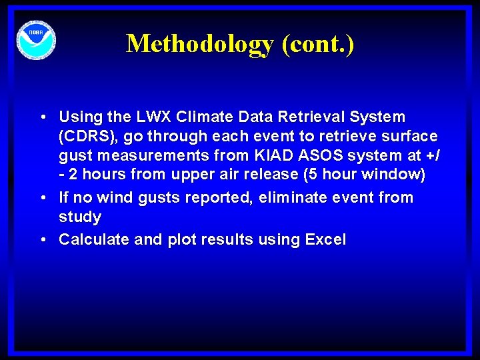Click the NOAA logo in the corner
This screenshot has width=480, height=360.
tap(36, 40)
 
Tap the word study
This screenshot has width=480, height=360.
tap(80, 217)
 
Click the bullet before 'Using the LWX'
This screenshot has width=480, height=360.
tap(42, 118)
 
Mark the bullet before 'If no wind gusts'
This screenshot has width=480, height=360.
tap(42, 199)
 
